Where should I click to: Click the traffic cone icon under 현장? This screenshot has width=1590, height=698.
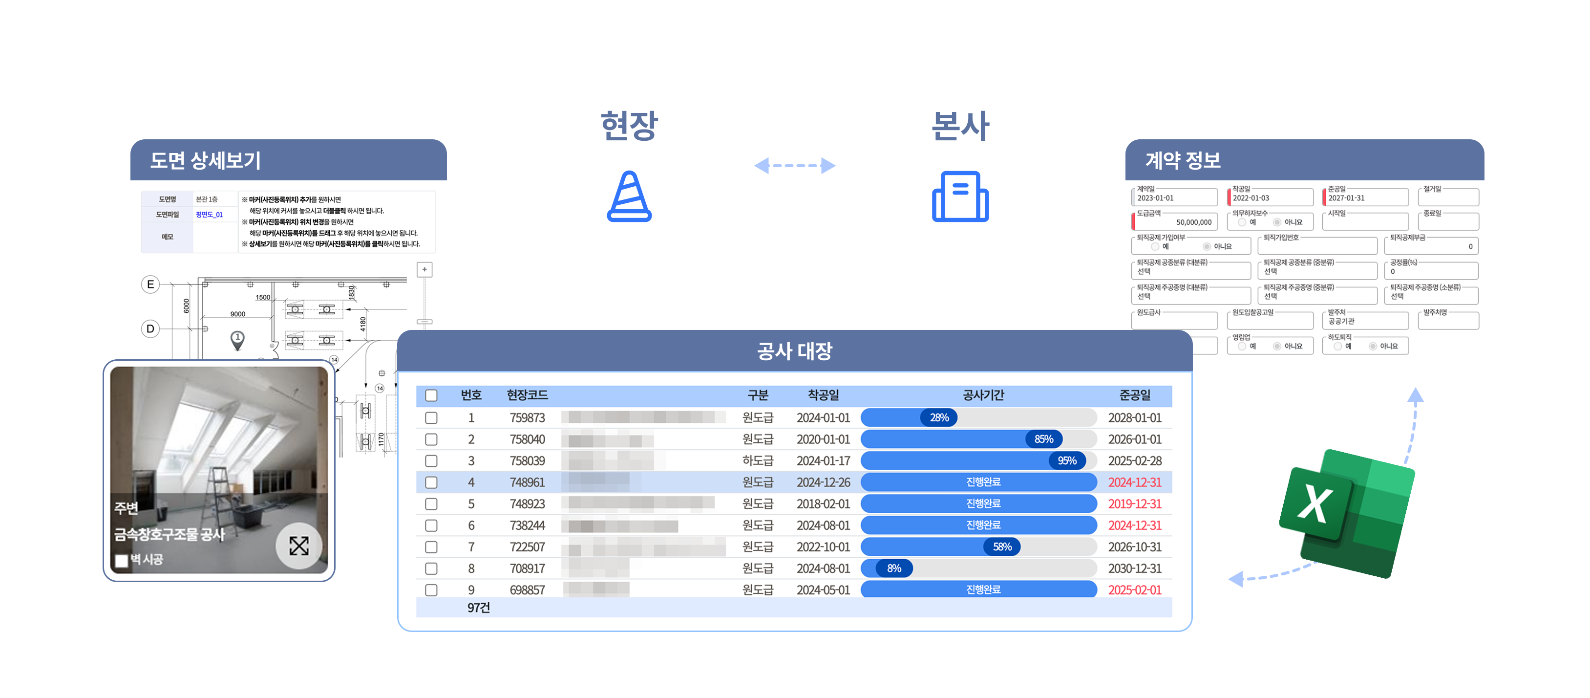(x=629, y=196)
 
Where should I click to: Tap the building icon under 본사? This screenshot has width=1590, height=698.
(x=960, y=196)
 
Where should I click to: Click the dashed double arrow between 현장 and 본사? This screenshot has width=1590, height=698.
(x=794, y=166)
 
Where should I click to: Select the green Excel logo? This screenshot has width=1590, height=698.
(x=1346, y=512)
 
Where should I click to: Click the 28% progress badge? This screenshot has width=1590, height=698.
(x=939, y=417)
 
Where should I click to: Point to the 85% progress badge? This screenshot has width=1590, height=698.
(x=1043, y=439)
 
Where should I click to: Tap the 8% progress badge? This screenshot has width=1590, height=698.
(x=894, y=568)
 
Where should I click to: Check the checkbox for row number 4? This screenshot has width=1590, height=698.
(x=431, y=482)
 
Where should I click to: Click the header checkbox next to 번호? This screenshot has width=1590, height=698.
(x=431, y=395)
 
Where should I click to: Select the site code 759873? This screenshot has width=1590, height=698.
(x=527, y=417)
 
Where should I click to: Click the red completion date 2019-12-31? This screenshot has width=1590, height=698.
(x=1134, y=504)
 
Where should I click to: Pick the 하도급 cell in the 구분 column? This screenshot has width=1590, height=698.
(x=757, y=461)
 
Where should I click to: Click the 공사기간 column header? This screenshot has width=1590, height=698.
(x=983, y=395)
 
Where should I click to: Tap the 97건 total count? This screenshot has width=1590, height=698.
(x=478, y=608)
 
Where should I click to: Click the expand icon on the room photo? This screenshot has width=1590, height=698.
(x=299, y=545)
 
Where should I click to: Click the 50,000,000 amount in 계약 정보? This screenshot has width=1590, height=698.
(x=1193, y=222)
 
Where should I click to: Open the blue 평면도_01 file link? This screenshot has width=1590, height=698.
(x=209, y=215)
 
